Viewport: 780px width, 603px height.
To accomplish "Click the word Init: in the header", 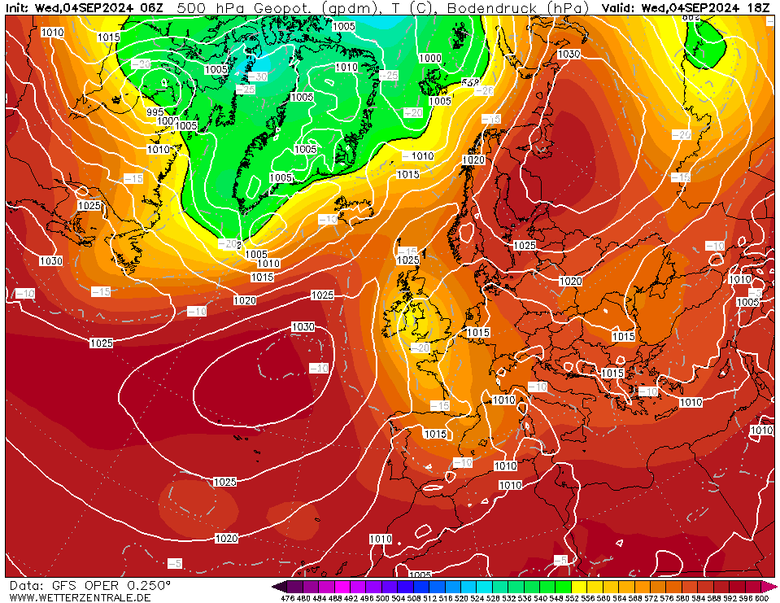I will [18, 7].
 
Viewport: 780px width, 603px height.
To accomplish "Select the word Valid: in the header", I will [620, 7].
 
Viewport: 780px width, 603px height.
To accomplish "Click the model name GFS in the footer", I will [65, 585].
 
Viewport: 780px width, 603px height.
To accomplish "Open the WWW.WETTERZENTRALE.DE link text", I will [79, 597].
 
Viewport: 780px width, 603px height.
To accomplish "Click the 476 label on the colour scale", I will [287, 598].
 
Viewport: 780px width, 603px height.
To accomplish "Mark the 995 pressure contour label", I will [155, 112].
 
